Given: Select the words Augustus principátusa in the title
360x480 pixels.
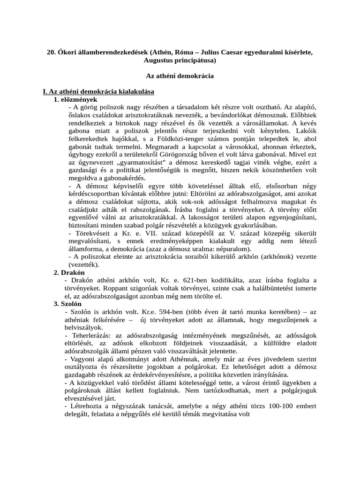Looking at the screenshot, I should coord(180,60).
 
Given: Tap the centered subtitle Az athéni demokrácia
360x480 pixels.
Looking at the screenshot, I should coord(180,75).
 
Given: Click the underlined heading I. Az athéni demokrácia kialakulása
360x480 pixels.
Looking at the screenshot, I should coord(99,91).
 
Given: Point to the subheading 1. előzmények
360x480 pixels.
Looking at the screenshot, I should coord(75,99).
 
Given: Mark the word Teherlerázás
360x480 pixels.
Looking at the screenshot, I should coord(91,336).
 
